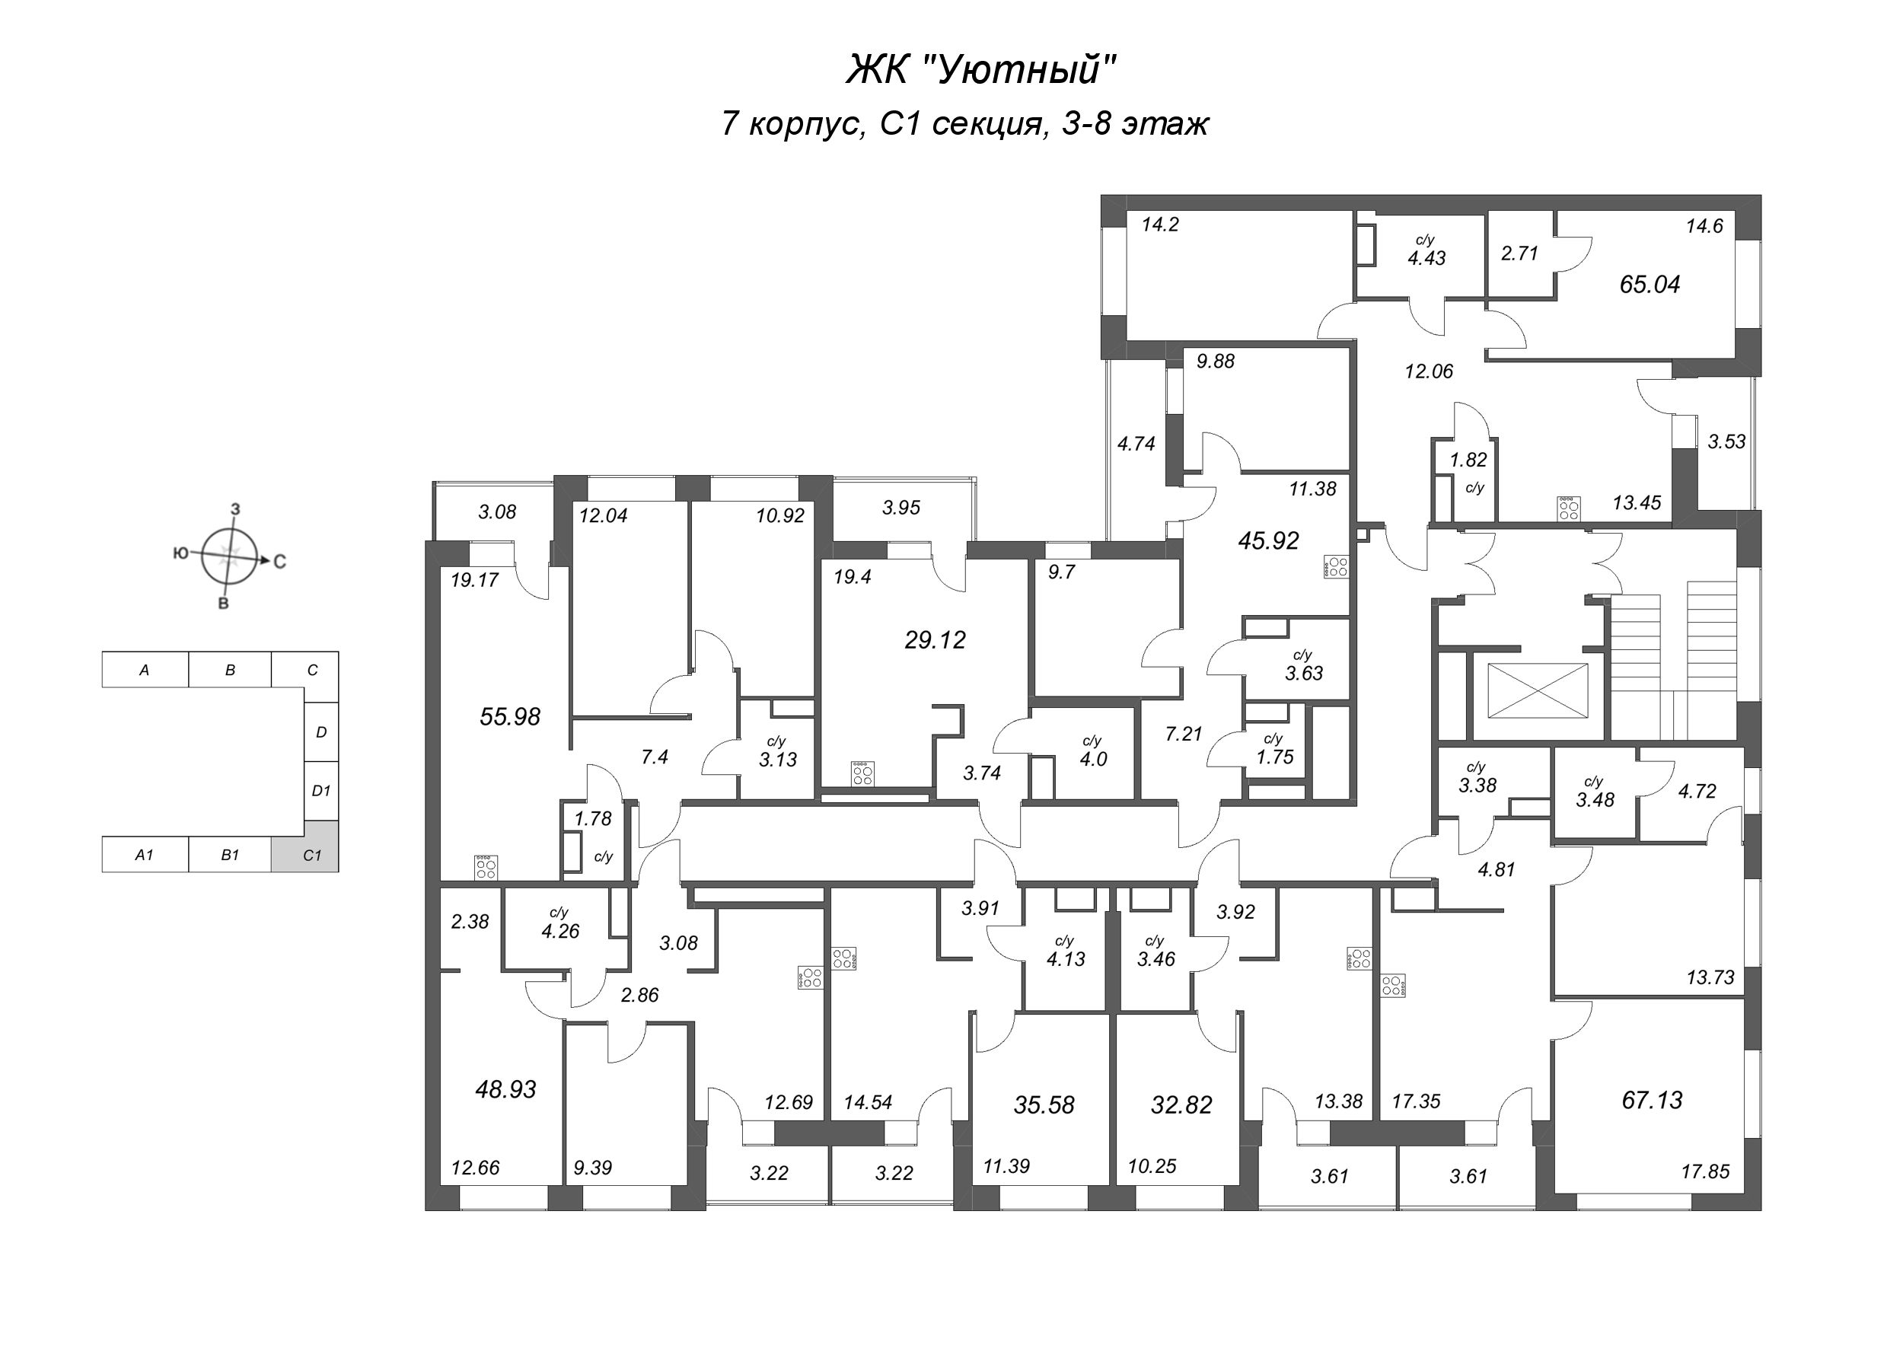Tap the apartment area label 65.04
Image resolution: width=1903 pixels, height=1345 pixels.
(1650, 284)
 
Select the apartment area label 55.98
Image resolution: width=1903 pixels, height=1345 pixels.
(510, 716)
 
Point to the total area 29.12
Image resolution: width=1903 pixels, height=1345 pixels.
(935, 639)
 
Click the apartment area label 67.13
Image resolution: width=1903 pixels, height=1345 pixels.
(1652, 1100)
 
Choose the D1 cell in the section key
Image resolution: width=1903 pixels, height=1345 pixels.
(320, 791)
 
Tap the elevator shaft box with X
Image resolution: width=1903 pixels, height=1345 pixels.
(1538, 690)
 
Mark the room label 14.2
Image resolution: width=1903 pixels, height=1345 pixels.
(1159, 225)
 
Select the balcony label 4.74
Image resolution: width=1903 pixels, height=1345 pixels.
(1136, 443)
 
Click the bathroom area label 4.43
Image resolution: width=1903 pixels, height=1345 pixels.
(1426, 258)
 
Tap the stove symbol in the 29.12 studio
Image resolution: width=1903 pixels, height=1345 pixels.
(862, 773)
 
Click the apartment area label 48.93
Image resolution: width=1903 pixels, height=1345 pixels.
(505, 1089)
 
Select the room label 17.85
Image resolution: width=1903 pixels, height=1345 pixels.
(1705, 1171)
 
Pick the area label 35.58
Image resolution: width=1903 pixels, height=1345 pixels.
(1044, 1104)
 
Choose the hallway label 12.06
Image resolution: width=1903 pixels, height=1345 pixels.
(1429, 371)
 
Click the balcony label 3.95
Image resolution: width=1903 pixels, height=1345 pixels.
(901, 507)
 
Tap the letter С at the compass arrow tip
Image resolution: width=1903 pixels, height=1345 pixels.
(280, 562)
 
